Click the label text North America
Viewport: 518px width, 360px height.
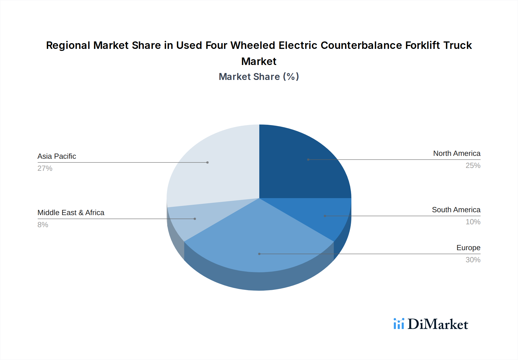(x=457, y=154)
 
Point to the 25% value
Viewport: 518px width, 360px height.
(x=473, y=166)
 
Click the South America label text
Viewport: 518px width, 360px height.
(x=456, y=210)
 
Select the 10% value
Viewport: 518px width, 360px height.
(x=473, y=222)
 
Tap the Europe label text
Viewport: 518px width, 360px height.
(x=468, y=248)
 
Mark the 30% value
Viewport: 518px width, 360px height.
(x=473, y=260)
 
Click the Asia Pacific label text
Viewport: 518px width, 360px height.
(x=57, y=156)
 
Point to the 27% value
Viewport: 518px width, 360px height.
(x=45, y=168)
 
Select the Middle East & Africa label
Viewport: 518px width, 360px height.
(x=71, y=213)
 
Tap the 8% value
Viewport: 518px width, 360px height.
(x=43, y=225)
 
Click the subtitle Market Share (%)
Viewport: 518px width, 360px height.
(x=259, y=77)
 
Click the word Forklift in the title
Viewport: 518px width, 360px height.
(x=422, y=45)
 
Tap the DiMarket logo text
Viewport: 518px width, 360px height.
(x=438, y=324)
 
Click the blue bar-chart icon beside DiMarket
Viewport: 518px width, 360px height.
(x=399, y=324)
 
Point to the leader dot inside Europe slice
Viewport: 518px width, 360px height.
(x=259, y=254)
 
